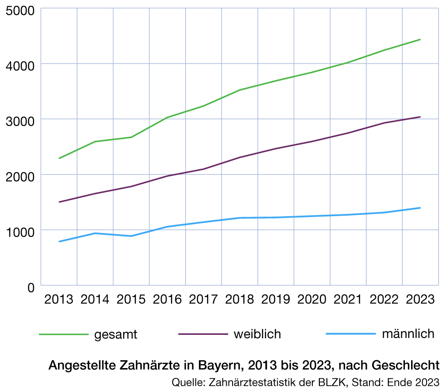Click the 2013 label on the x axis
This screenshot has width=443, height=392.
click(x=59, y=299)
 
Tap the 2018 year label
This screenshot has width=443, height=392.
click(x=240, y=299)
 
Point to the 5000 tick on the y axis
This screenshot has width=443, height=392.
click(x=19, y=10)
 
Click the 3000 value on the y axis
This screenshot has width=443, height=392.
click(x=19, y=120)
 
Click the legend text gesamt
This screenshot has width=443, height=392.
click(x=116, y=334)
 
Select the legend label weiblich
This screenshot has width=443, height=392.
click(x=257, y=334)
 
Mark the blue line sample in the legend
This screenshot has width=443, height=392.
click(x=350, y=334)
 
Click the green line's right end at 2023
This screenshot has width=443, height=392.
click(x=420, y=39)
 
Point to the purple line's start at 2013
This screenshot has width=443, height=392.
click(x=59, y=202)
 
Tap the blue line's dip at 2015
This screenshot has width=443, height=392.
click(x=131, y=236)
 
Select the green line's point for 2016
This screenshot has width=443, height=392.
click(x=167, y=117)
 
